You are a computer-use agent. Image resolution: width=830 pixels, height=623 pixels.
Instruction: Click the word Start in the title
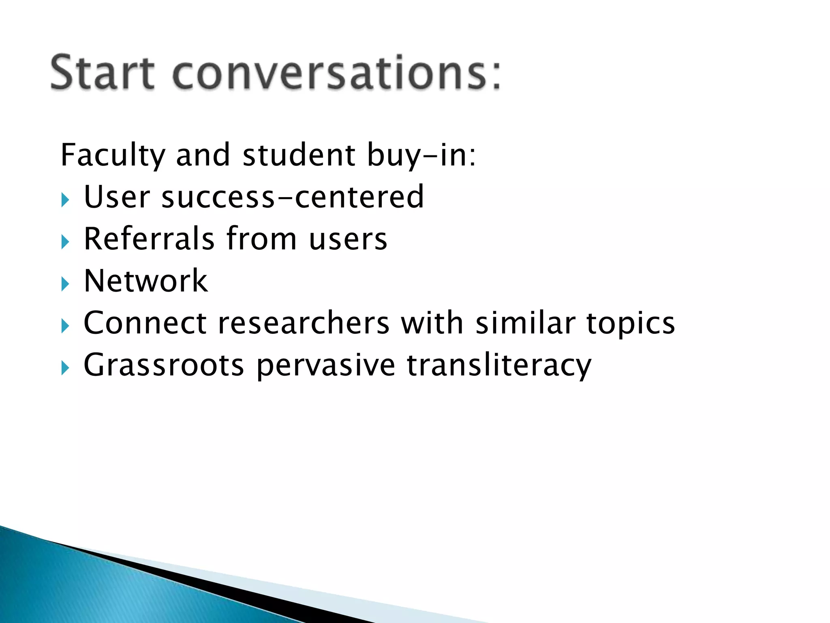tap(102, 73)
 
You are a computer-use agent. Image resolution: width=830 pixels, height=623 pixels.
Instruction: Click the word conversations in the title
tap(336, 73)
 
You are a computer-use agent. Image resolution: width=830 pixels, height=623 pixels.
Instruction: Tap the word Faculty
tap(113, 155)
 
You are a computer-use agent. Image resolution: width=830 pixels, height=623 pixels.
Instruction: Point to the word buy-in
tap(421, 155)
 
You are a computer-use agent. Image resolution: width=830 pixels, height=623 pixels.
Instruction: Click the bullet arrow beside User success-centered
tap(65, 200)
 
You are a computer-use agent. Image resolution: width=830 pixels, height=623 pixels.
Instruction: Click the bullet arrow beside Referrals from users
tap(65, 242)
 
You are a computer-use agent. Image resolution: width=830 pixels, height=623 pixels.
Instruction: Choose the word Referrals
tap(149, 239)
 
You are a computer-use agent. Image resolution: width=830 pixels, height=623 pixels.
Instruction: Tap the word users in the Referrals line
tap(348, 240)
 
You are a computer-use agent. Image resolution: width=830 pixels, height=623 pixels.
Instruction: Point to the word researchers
tap(304, 323)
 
